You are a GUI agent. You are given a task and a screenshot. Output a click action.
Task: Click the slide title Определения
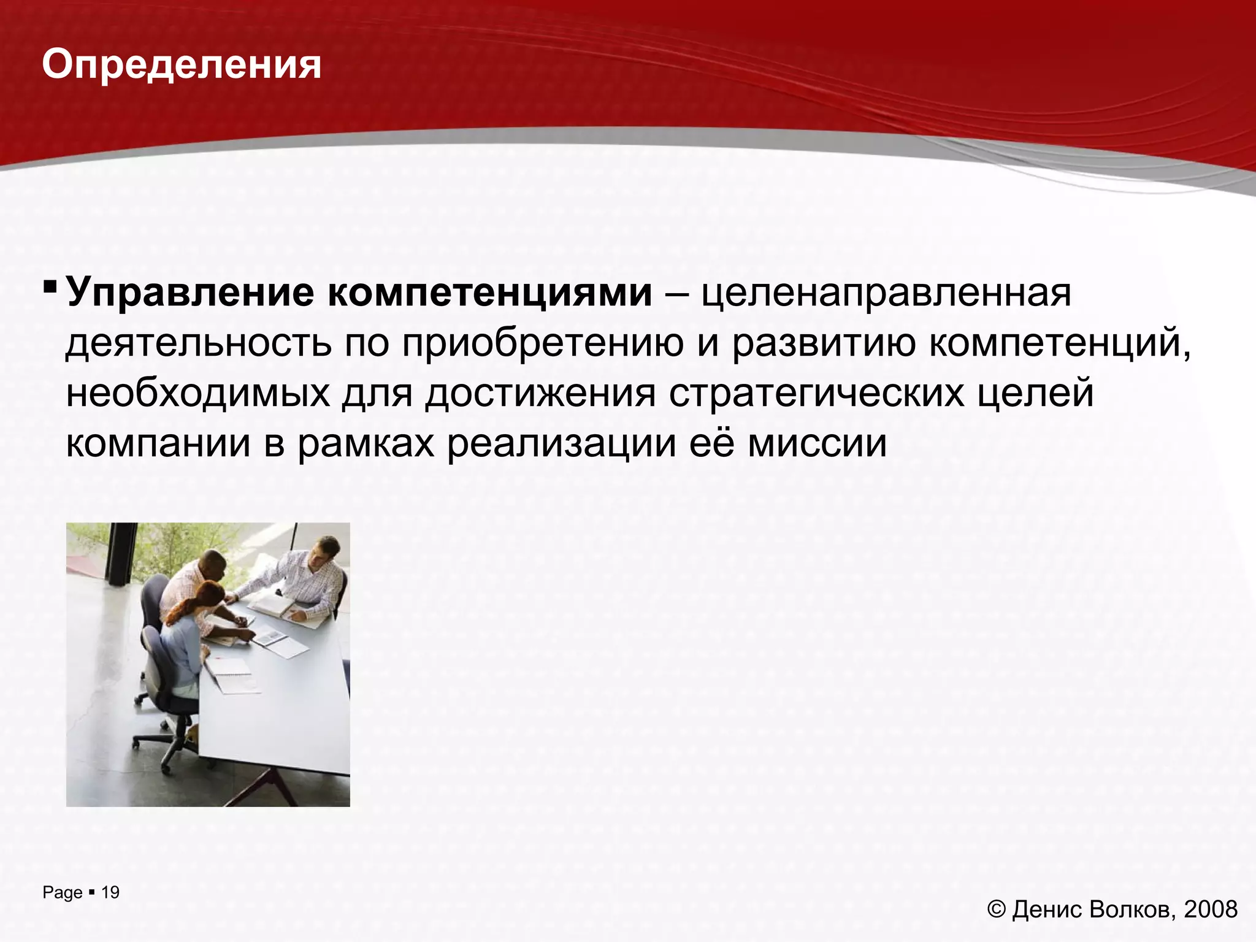tap(182, 65)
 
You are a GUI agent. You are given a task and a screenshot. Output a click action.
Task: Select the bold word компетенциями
tap(490, 293)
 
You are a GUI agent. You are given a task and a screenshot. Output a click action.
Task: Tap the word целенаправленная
tap(886, 293)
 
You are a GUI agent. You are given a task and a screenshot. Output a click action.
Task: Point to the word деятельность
tap(196, 343)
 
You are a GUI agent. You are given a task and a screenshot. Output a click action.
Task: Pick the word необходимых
tap(197, 393)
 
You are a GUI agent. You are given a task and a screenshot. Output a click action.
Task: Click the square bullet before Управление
tap(50, 287)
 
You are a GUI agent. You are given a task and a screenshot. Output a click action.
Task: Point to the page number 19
tap(110, 892)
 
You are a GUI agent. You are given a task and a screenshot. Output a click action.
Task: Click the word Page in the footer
tap(62, 893)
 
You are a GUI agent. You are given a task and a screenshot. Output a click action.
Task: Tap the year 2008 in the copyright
tap(1211, 909)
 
